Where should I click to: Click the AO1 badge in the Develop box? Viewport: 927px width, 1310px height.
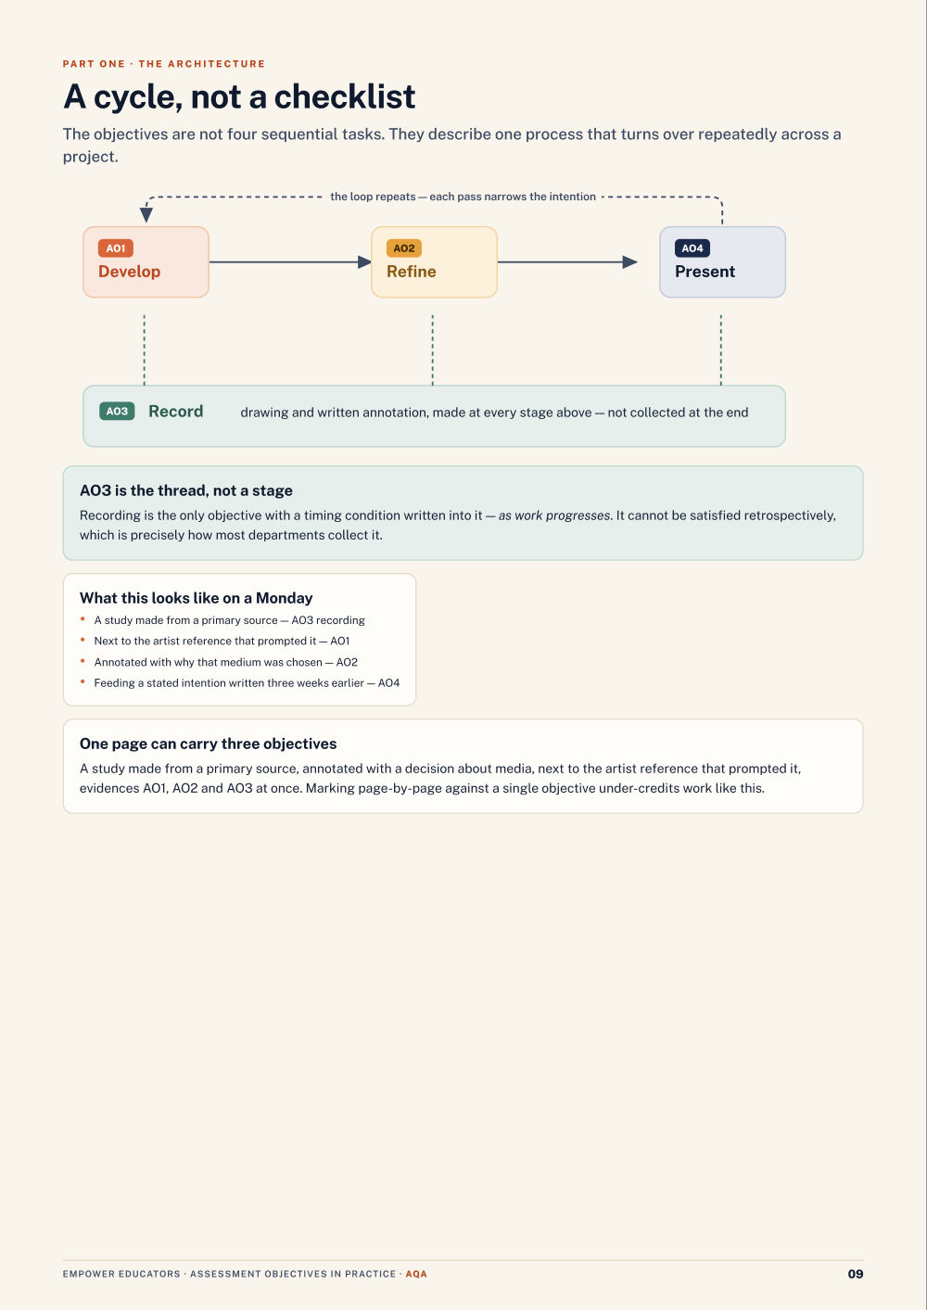116,248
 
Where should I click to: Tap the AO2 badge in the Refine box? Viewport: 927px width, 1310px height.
404,248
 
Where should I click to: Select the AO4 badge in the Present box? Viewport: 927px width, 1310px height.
692,248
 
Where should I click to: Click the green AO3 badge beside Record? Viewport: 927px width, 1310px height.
117,411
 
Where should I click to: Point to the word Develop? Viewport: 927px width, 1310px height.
129,272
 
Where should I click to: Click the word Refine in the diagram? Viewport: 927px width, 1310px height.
412,272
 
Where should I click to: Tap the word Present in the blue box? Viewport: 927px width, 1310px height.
705,272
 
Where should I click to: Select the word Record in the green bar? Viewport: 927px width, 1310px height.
175,411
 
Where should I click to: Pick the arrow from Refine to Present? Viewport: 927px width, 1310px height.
567,262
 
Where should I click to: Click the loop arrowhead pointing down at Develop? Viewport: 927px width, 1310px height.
146,215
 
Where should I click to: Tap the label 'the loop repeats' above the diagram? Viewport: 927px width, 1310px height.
374,197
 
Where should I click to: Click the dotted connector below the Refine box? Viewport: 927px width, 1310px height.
433,350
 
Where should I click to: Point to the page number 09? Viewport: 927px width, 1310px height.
856,1274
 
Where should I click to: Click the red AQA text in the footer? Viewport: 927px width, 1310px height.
416,1274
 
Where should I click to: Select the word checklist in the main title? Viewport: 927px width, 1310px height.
345,96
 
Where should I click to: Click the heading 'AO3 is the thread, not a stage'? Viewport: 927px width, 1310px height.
186,490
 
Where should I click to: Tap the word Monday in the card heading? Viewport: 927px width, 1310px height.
285,598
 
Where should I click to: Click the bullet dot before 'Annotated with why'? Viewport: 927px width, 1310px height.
83,661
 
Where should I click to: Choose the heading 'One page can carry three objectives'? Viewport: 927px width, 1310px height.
209,744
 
